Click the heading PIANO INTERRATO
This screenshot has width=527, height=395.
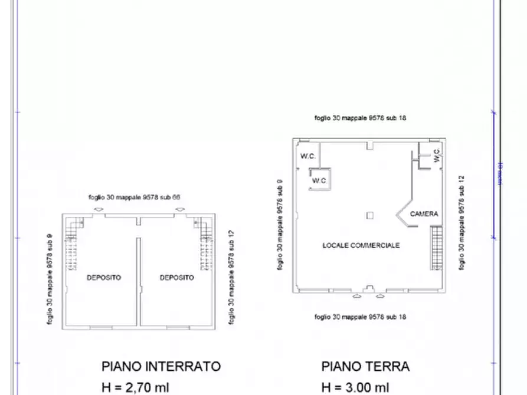(x=161, y=366)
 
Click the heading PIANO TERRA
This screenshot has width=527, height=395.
(x=365, y=366)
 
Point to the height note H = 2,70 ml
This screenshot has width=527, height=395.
(x=135, y=387)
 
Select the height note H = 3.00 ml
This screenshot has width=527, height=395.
(x=355, y=387)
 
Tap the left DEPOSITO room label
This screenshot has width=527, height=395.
(x=104, y=277)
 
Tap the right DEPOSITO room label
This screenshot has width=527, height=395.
(x=176, y=277)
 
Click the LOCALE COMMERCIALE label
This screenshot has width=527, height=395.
(x=361, y=245)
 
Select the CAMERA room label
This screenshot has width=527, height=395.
(x=424, y=214)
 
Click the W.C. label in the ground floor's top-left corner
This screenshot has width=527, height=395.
(x=307, y=157)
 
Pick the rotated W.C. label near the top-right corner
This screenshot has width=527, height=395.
(x=436, y=156)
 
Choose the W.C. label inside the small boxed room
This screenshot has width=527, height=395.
(x=319, y=180)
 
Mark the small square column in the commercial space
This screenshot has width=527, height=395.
(x=369, y=215)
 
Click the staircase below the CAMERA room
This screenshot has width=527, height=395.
(x=436, y=248)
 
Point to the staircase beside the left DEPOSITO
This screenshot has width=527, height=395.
(x=71, y=245)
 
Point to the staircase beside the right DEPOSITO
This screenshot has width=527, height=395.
(x=206, y=245)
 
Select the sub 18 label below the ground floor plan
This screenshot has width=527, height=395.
(x=360, y=317)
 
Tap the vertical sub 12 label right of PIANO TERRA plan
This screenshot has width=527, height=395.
(x=462, y=223)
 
